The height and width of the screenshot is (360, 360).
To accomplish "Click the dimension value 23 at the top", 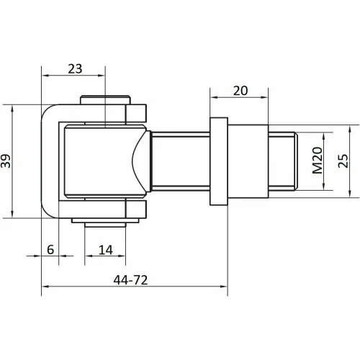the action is [75, 69].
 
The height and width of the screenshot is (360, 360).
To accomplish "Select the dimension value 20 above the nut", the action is [240, 91].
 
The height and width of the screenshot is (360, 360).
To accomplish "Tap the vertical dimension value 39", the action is [6, 161].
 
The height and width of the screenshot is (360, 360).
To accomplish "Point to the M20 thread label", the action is [318, 161].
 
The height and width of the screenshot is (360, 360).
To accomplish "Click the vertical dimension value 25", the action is [343, 161].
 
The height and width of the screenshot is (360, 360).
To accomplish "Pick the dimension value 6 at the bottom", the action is [50, 250].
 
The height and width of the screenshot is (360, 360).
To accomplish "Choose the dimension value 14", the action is [105, 250].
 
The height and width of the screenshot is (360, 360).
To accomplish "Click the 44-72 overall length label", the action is [130, 280].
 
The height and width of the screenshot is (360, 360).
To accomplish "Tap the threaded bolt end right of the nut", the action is [283, 161].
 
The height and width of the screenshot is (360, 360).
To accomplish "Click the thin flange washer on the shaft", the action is [219, 161].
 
